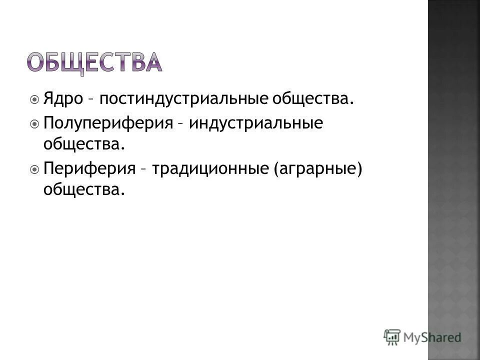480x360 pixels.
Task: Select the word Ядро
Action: coord(63,98)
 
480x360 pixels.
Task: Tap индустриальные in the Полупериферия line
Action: coord(255,123)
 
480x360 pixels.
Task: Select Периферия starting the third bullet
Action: coord(89,168)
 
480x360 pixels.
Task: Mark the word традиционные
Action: coord(210,168)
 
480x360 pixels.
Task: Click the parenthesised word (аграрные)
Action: coord(317,168)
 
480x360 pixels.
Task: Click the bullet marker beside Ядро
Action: coord(34,99)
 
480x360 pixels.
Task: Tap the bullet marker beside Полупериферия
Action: coord(34,123)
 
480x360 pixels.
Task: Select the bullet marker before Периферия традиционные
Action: coord(34,169)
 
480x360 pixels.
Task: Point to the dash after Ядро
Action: coord(91,100)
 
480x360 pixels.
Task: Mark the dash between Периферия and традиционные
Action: coord(143,170)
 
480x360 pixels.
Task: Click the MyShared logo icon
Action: coord(392,336)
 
